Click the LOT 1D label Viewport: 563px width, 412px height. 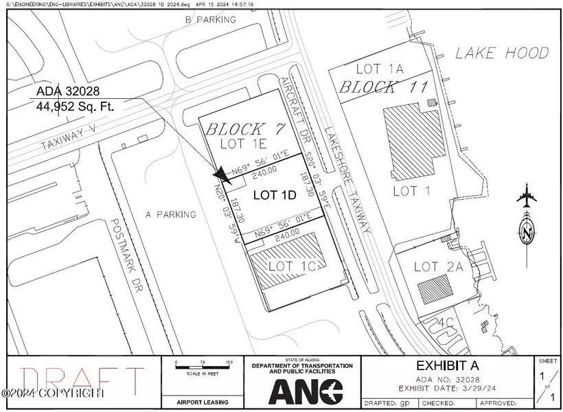(275, 194)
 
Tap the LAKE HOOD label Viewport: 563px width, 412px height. (503, 53)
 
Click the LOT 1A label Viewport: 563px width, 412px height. (376, 69)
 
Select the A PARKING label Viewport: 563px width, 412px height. (171, 214)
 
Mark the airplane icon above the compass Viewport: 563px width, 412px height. (527, 198)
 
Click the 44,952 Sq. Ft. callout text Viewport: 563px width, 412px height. (73, 106)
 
